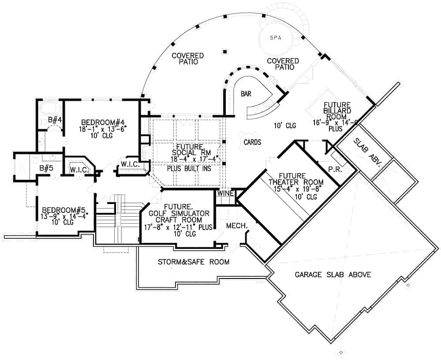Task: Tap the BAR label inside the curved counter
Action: (246, 94)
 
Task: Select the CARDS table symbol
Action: (252, 142)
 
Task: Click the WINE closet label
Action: (225, 193)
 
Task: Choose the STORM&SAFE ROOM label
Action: (194, 262)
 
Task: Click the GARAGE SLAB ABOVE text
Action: (333, 275)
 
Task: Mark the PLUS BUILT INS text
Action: (186, 168)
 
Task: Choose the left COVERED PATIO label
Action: (187, 59)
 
